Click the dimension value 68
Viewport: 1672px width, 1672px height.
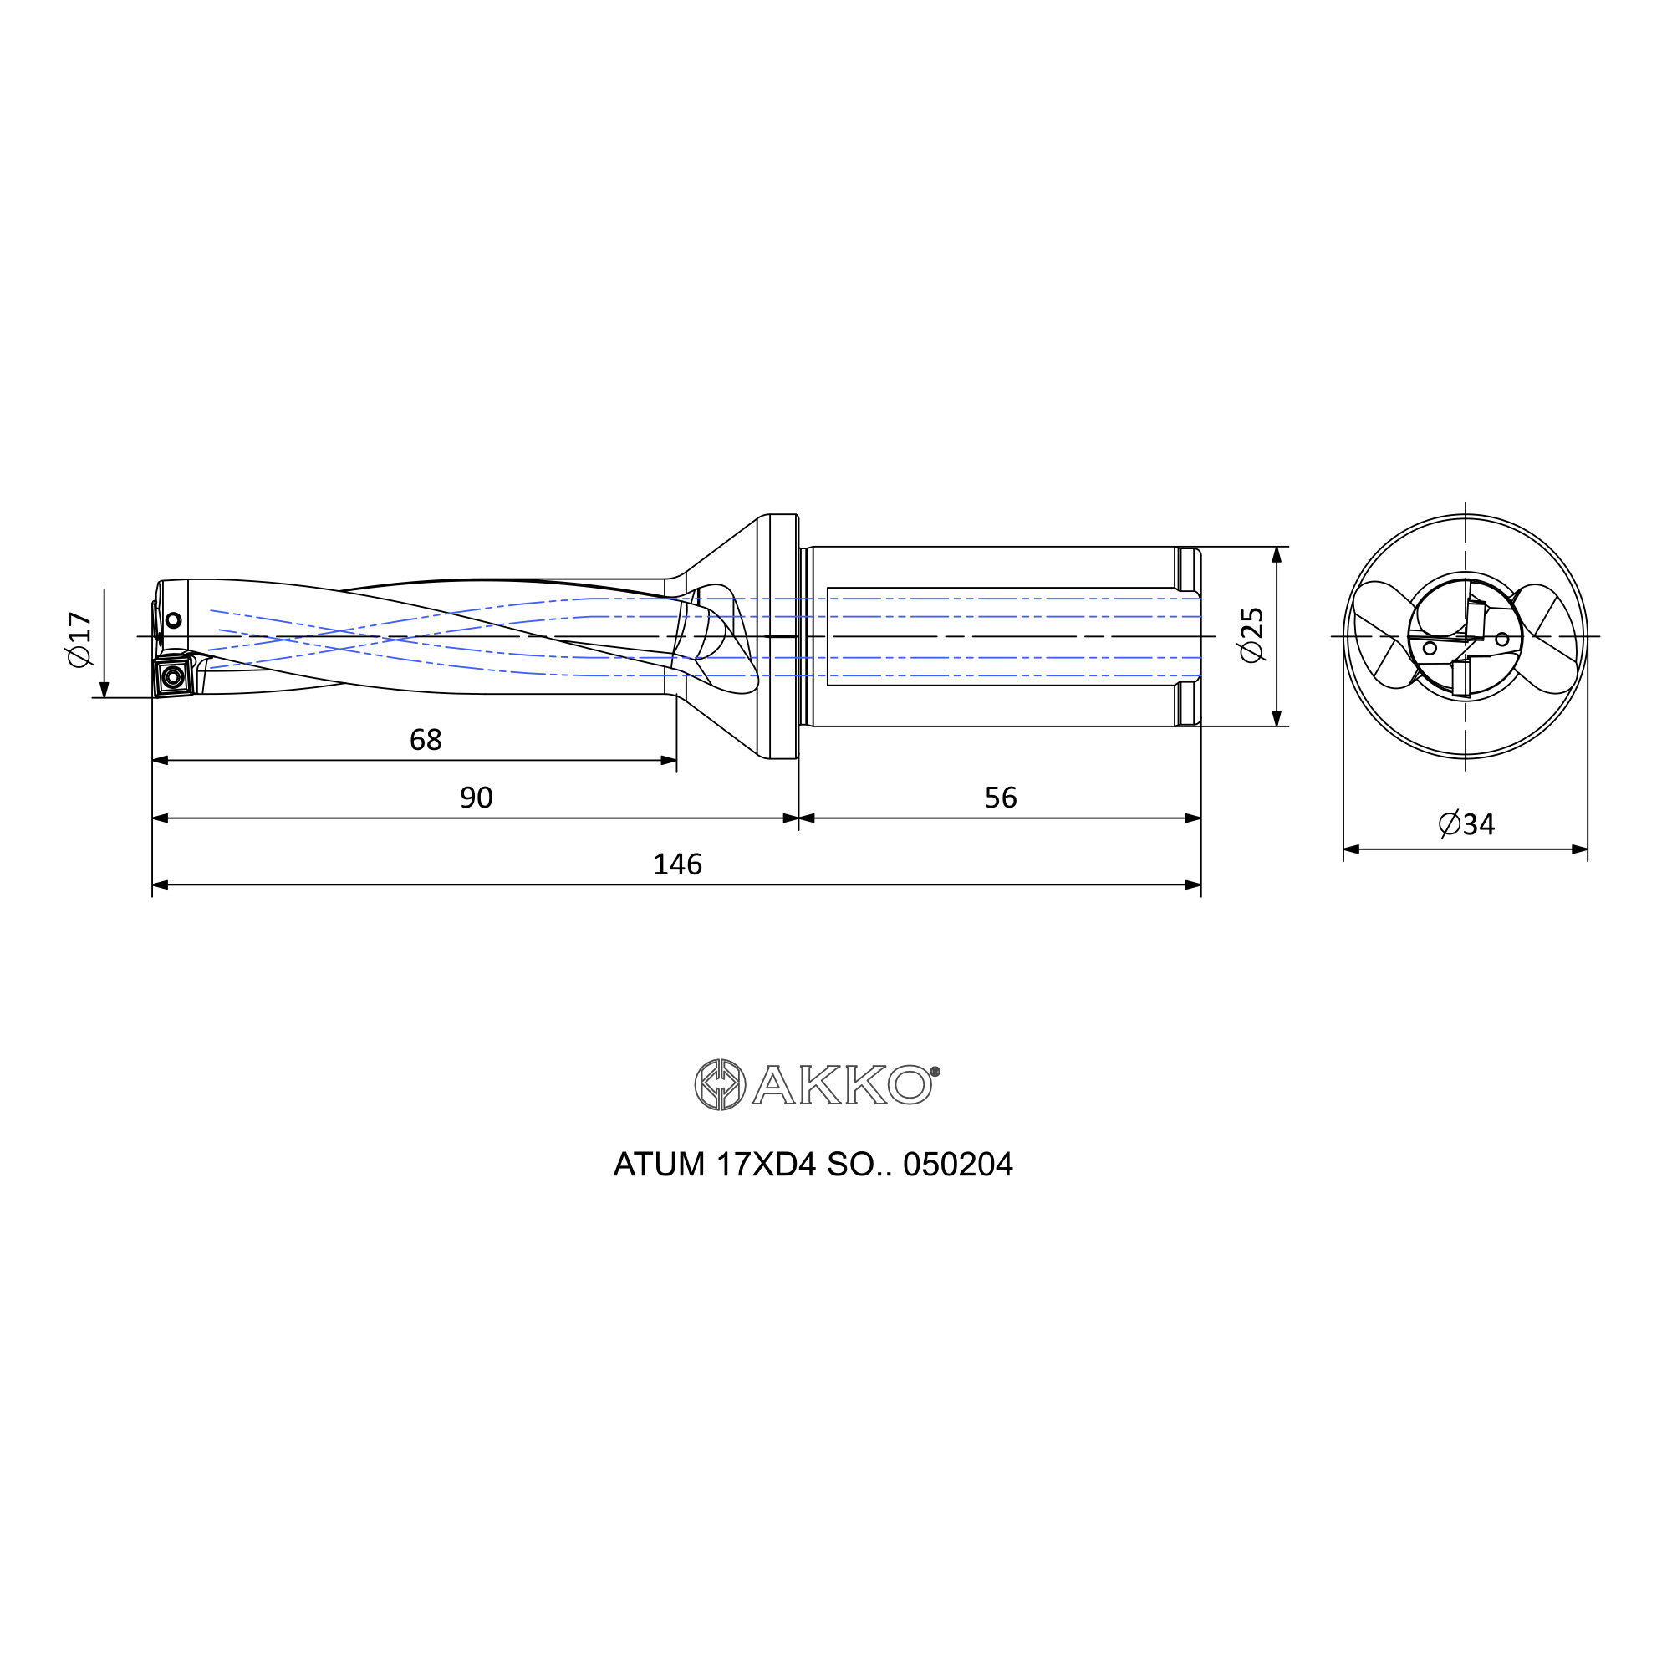pyautogui.click(x=425, y=740)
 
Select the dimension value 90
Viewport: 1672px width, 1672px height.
pyautogui.click(x=476, y=798)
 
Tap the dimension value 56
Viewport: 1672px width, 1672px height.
pyautogui.click(x=1001, y=798)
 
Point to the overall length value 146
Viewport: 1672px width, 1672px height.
pyautogui.click(x=678, y=864)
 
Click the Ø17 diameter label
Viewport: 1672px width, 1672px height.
pyautogui.click(x=79, y=640)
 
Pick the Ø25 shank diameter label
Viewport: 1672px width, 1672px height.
pyautogui.click(x=1252, y=635)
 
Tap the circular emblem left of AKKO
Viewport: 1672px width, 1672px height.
pyautogui.click(x=720, y=1084)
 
